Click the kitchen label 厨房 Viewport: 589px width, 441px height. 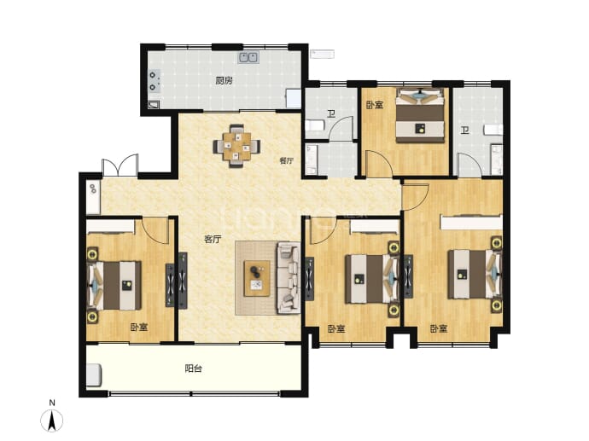point(224,81)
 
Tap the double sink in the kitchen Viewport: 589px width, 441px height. point(248,57)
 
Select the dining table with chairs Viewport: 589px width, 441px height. point(236,146)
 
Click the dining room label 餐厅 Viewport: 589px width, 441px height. point(287,160)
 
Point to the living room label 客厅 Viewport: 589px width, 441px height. point(213,240)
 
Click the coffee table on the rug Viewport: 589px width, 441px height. point(257,278)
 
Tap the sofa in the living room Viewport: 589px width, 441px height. point(289,278)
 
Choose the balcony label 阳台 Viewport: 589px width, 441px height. point(194,368)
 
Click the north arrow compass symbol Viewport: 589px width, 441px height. point(52,421)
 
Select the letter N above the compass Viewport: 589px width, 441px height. point(52,403)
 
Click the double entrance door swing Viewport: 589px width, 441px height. point(120,165)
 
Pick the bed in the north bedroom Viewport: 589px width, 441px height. point(420,115)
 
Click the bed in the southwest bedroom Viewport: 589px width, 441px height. point(114,285)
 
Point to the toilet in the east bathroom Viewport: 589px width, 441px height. point(493,130)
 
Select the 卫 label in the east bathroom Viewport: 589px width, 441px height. point(465,131)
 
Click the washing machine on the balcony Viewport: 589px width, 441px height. point(94,374)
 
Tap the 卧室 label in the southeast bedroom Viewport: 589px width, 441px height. point(439,329)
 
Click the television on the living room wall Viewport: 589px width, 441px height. point(183,281)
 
